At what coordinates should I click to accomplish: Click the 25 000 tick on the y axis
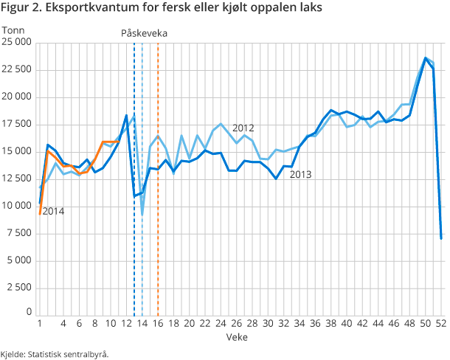[16, 43]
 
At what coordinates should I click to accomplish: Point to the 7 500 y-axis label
[18, 206]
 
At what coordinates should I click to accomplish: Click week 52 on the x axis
[440, 323]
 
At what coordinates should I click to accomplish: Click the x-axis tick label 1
[39, 323]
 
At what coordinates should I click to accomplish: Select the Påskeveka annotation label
[144, 33]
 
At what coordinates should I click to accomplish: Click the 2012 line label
[243, 128]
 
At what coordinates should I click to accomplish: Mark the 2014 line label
[53, 212]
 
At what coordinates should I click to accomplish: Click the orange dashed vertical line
[159, 184]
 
